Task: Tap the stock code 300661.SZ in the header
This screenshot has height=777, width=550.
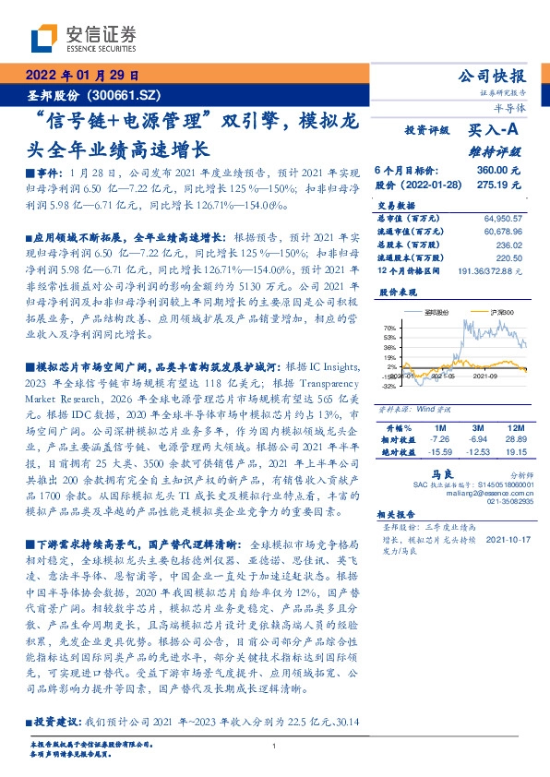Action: click(x=128, y=95)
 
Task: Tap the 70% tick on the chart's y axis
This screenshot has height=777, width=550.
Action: click(x=389, y=328)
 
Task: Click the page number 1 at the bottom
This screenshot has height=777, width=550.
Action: click(x=275, y=745)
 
